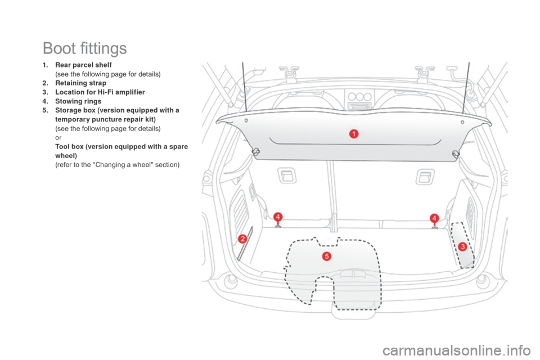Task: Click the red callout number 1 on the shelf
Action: pos(354,133)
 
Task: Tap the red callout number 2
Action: pos(242,238)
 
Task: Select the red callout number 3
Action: pos(462,246)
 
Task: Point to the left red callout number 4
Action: pos(277,217)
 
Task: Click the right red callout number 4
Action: pos(434,218)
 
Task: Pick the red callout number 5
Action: pos(326,256)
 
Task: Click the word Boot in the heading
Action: pos(60,49)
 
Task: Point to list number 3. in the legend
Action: pos(44,92)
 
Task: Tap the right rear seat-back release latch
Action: pos(422,176)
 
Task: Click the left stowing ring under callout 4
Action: pos(278,227)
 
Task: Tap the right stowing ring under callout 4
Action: pos(434,227)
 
